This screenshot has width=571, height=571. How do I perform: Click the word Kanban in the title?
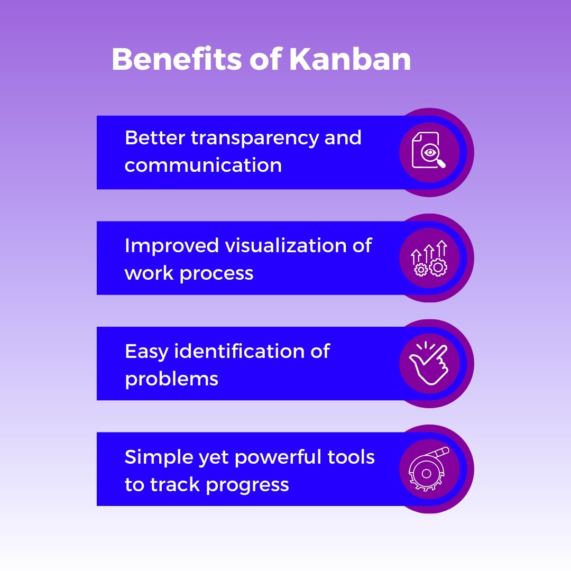tap(350, 59)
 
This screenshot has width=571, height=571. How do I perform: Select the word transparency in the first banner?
tap(255, 139)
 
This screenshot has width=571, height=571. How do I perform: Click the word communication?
tap(203, 165)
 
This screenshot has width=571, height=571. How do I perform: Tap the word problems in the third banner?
tap(171, 379)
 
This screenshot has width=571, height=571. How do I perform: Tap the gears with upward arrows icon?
tap(429, 259)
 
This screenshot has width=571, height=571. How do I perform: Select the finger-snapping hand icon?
tap(429, 363)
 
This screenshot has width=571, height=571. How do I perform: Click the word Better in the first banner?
tap(154, 138)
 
